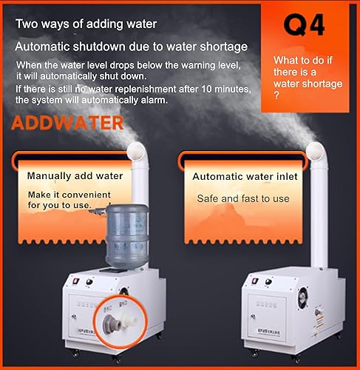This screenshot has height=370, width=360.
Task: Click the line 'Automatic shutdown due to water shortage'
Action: (130, 47)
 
